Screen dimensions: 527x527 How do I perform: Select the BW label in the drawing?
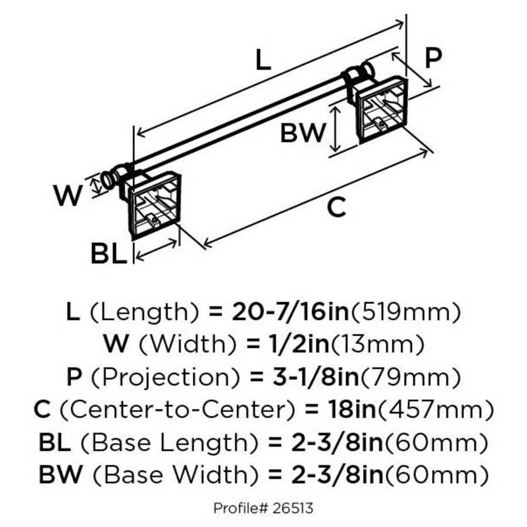coord(302,133)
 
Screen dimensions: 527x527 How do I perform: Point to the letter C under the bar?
coord(336,207)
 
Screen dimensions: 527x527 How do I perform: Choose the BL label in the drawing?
coord(108,255)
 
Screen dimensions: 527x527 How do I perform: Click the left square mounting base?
coord(153,202)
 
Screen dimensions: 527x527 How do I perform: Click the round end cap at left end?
coord(108,179)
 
